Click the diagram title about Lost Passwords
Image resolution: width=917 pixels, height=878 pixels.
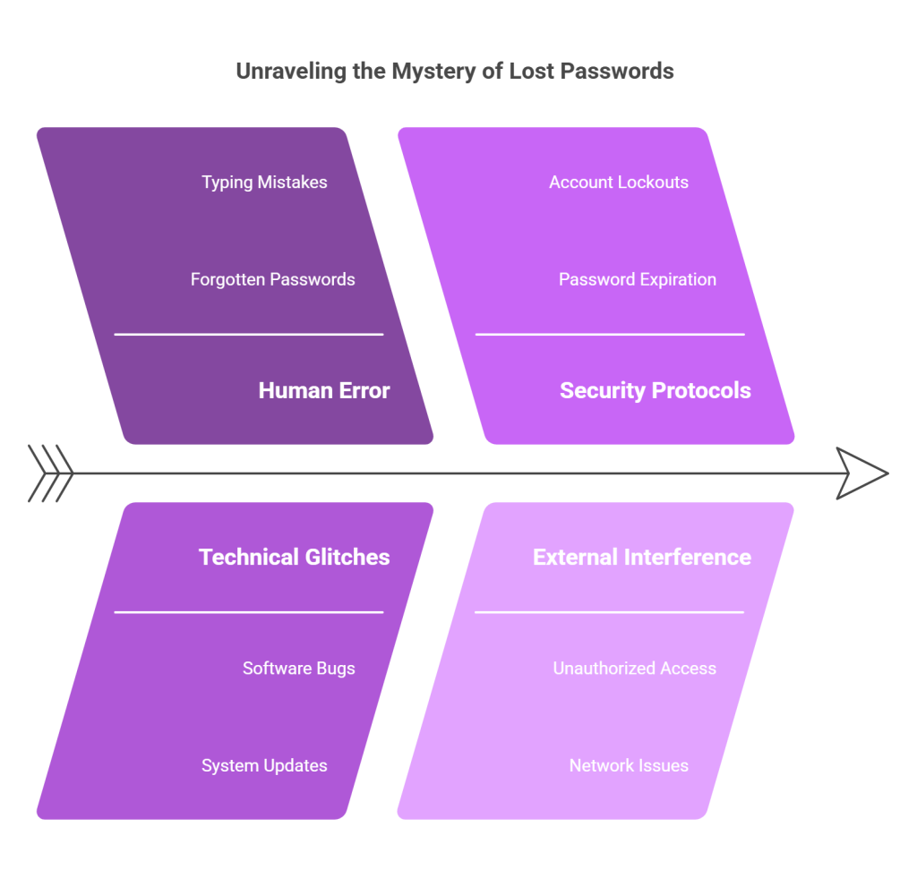coord(455,71)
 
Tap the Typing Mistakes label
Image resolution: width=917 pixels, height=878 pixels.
coord(264,183)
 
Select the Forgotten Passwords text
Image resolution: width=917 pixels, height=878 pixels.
coord(272,280)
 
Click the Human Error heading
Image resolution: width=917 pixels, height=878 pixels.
coord(324,390)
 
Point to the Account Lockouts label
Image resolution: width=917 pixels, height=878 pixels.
coord(619,183)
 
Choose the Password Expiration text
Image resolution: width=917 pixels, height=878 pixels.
coord(637,280)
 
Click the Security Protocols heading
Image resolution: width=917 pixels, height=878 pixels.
coord(655,390)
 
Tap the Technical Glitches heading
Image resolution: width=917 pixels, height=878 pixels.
coord(294,557)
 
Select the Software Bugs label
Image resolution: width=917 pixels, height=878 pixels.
coord(298,669)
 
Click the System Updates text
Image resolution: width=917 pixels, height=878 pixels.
coord(264,766)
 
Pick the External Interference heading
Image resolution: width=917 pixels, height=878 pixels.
coord(641,557)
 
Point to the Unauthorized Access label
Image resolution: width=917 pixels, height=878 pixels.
coord(634,669)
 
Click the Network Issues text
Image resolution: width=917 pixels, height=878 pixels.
coord(629,766)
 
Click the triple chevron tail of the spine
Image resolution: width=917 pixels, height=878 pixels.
coord(51,473)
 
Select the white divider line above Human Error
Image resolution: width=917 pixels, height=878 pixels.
coord(249,335)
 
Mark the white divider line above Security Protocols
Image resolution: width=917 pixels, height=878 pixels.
coord(610,335)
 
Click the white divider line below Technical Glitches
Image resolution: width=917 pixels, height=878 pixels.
coord(249,612)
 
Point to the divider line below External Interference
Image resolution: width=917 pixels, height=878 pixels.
coord(610,612)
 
